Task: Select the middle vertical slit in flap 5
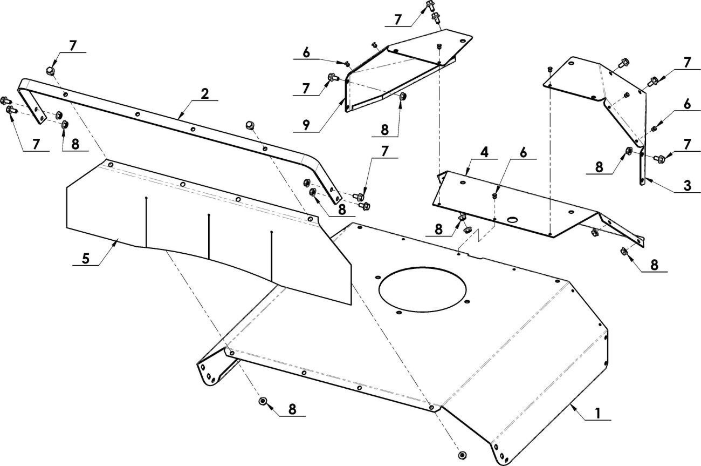pyautogui.click(x=209, y=237)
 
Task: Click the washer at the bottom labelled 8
pyautogui.click(x=263, y=401)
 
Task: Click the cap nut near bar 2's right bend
pyautogui.click(x=250, y=125)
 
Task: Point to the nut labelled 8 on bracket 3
pyautogui.click(x=629, y=151)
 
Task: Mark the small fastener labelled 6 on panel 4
pyautogui.click(x=494, y=195)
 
